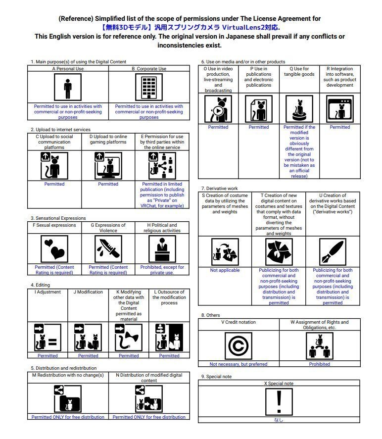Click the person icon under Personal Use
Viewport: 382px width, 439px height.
tap(68, 88)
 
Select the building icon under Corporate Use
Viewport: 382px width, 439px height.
tap(148, 88)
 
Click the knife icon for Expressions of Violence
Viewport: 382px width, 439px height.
tap(108, 248)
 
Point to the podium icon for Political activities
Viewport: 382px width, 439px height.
tap(162, 248)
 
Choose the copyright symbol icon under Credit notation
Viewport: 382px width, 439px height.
tap(239, 345)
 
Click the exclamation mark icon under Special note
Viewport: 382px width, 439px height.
tap(279, 401)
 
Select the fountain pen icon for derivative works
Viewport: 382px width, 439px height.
tap(333, 252)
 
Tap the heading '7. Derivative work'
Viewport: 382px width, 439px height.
tap(220, 189)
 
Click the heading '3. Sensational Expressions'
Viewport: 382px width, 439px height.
tap(58, 218)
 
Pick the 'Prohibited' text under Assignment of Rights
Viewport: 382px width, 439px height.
tap(320, 364)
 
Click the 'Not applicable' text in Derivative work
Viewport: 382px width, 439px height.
tap(225, 270)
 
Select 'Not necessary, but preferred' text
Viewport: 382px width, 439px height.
tap(239, 364)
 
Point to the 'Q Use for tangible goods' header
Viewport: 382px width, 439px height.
tap(299, 72)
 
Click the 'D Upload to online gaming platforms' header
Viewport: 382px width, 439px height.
tap(108, 140)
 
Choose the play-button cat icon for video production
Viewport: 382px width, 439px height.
tap(218, 109)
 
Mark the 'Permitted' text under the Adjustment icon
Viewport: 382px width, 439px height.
tap(48, 355)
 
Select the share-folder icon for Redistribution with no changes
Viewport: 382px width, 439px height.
tap(68, 398)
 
